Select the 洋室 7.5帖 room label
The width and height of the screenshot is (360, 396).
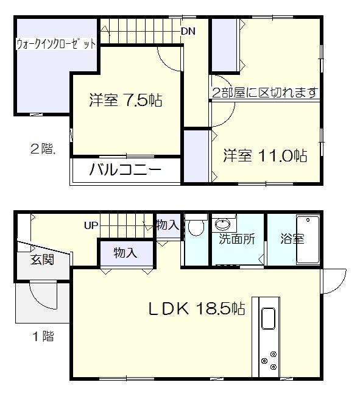(125, 101)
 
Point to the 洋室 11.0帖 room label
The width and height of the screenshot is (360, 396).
(264, 155)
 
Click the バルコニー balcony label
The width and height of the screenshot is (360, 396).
(125, 169)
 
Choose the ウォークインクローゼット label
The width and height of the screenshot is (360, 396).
(55, 44)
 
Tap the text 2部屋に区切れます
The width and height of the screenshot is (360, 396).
(265, 93)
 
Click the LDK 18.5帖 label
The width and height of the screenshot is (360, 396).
(197, 309)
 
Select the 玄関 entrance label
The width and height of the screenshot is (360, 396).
(43, 260)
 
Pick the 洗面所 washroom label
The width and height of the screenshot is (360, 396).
(238, 239)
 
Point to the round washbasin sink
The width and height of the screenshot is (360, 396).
(222, 222)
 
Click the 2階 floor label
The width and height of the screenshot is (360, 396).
(43, 148)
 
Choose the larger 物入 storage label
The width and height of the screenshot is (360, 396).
(125, 253)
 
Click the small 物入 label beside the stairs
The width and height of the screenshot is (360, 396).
(168, 225)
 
